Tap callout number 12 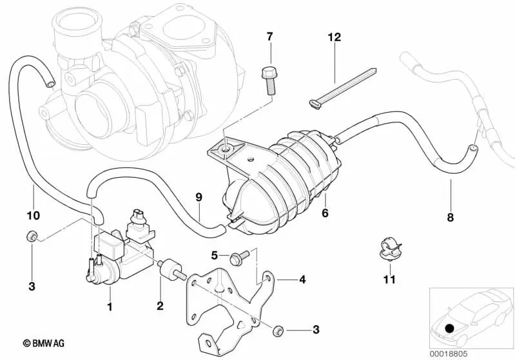coord(333,38)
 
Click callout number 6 coord(326,212)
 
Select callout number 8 coord(451,217)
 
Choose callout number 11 coord(388,279)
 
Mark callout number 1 coord(110,307)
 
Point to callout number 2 coord(160,307)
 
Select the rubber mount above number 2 coord(170,268)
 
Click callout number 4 coord(302,279)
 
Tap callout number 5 coord(216,255)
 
